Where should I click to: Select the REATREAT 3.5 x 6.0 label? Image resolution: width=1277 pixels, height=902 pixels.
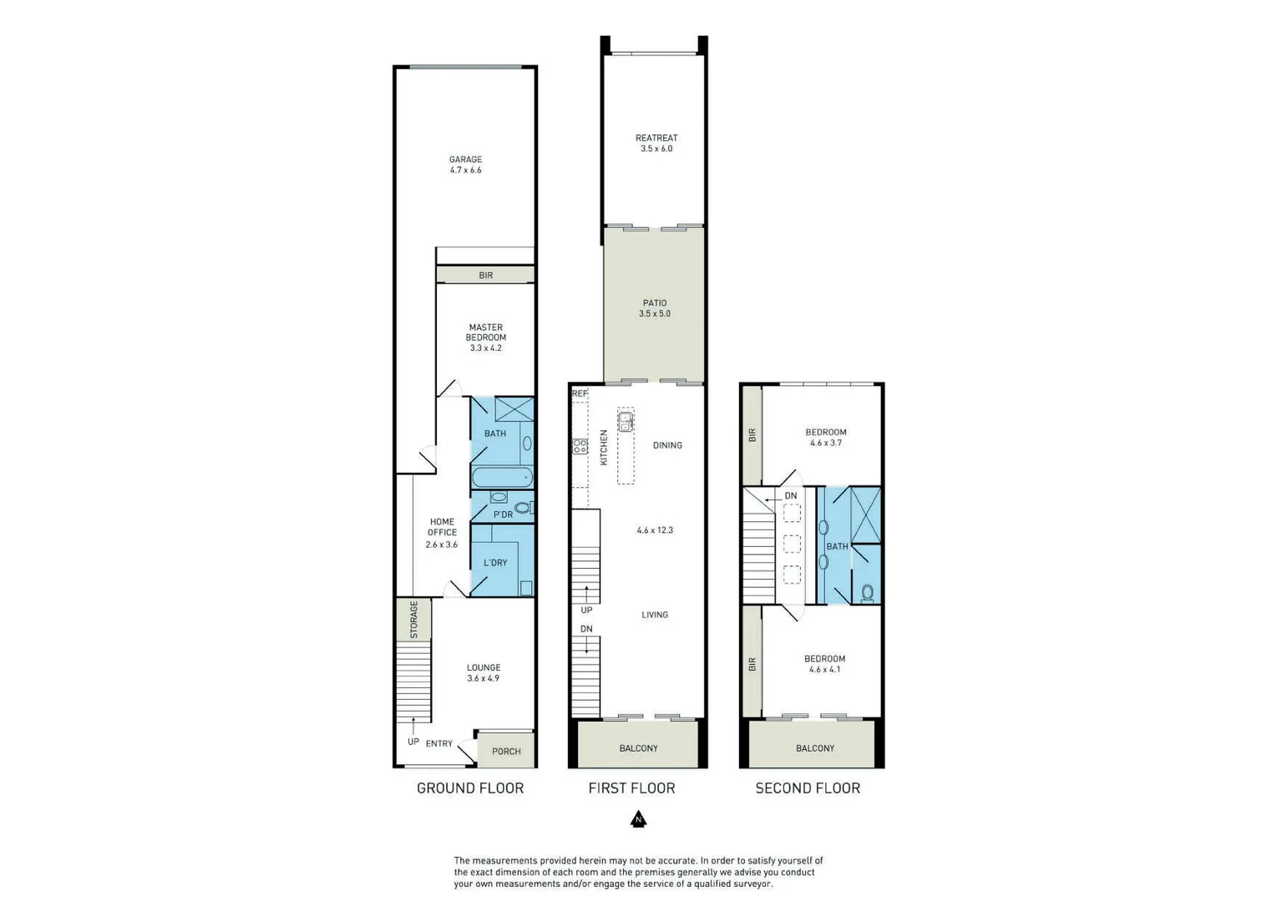pyautogui.click(x=656, y=143)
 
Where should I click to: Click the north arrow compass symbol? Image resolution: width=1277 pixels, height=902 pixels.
pyautogui.click(x=638, y=819)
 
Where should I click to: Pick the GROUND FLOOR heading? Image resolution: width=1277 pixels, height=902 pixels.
pyautogui.click(x=470, y=788)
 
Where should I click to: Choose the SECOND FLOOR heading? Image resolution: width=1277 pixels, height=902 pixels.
pyautogui.click(x=808, y=788)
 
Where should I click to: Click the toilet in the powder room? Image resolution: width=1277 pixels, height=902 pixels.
pyautogui.click(x=523, y=508)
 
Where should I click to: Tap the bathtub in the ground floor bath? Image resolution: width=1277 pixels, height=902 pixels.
pyautogui.click(x=502, y=478)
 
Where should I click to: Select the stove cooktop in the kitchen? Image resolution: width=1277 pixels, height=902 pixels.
pyautogui.click(x=580, y=447)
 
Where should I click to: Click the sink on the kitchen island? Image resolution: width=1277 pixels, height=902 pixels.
pyautogui.click(x=625, y=422)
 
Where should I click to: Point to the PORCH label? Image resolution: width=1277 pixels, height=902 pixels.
pyautogui.click(x=506, y=752)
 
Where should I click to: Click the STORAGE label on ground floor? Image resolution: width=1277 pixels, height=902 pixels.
pyautogui.click(x=413, y=620)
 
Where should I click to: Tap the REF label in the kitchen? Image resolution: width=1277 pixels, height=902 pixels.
pyautogui.click(x=580, y=393)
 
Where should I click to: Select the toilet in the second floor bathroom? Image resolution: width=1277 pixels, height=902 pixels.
pyautogui.click(x=868, y=593)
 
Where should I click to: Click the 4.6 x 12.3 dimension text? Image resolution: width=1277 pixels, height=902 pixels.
pyautogui.click(x=655, y=530)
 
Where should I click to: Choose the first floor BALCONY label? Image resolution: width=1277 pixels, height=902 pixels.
pyautogui.click(x=639, y=748)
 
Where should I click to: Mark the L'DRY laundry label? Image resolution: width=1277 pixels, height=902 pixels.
pyautogui.click(x=495, y=563)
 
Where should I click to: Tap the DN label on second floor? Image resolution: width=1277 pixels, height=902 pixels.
pyautogui.click(x=791, y=496)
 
